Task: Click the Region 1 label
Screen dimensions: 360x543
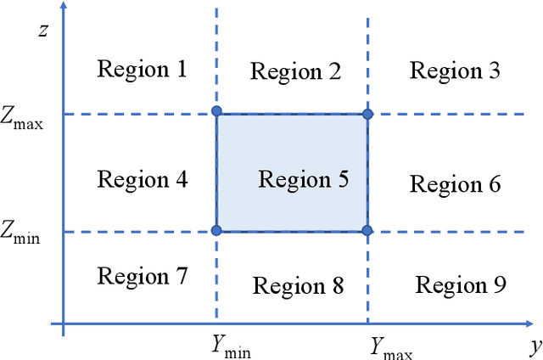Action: pyautogui.click(x=142, y=69)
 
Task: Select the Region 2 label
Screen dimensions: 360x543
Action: pyautogui.click(x=296, y=71)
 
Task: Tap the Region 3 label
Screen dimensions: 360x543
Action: pyautogui.click(x=455, y=70)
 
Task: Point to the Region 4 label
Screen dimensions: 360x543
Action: pyautogui.click(x=142, y=179)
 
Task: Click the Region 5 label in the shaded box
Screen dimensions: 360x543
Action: pyautogui.click(x=303, y=180)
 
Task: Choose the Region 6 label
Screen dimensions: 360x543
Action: pyautogui.click(x=456, y=183)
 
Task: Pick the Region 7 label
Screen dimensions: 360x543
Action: pyautogui.click(x=142, y=276)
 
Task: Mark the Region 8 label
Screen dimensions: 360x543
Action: pyautogui.click(x=298, y=286)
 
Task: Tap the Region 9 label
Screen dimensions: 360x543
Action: pyautogui.click(x=461, y=285)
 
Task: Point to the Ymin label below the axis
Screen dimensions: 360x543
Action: pyautogui.click(x=231, y=346)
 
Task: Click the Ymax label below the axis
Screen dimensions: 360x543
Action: pyautogui.click(x=391, y=346)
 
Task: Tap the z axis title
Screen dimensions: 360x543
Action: pyautogui.click(x=42, y=31)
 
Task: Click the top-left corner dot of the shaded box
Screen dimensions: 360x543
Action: pyautogui.click(x=216, y=111)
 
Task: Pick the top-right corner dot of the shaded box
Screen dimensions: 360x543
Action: pyautogui.click(x=367, y=114)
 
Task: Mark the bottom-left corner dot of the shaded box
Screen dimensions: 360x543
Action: pyautogui.click(x=216, y=230)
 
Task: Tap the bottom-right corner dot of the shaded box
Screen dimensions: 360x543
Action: pyautogui.click(x=367, y=230)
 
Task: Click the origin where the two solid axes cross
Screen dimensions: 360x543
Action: pyautogui.click(x=64, y=323)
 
